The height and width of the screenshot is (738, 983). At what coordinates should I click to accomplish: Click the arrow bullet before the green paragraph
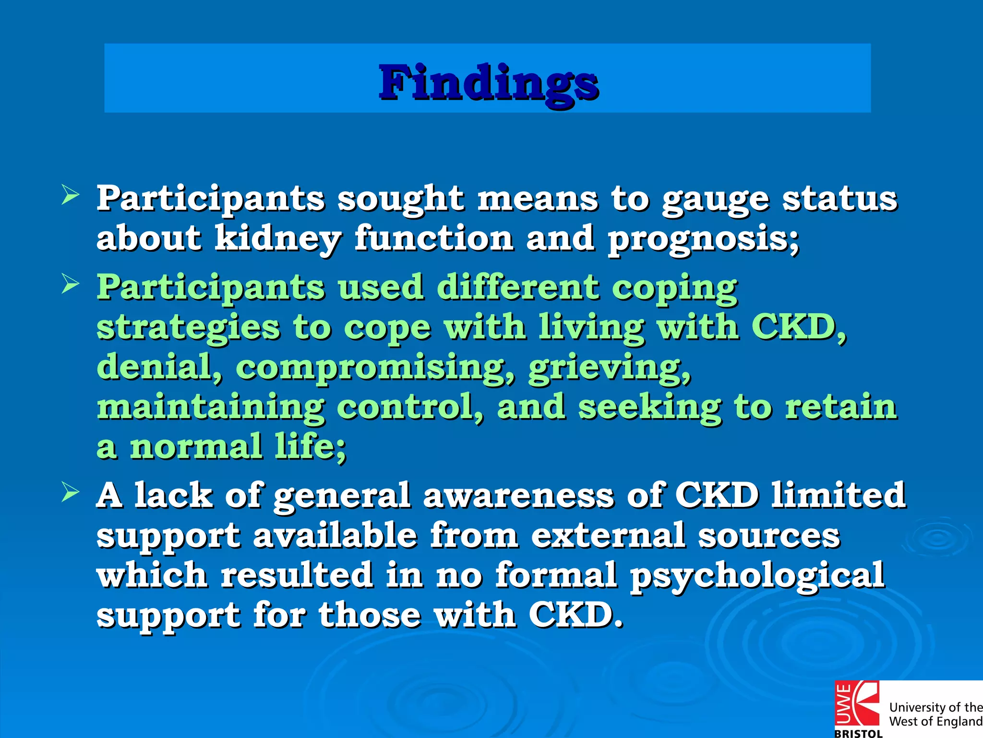pos(70,284)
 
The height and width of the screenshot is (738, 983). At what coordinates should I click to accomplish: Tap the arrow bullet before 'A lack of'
pos(70,492)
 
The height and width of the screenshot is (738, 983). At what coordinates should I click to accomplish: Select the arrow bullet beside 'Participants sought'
pos(70,196)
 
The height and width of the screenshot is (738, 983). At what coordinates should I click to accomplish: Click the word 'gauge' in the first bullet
pos(715,199)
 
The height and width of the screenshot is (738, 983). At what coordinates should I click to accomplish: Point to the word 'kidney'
pos(277,239)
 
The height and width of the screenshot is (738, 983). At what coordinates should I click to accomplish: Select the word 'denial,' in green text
pos(160,367)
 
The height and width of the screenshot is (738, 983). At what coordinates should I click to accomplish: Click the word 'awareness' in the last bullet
pos(518,495)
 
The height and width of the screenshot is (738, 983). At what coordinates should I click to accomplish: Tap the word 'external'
pos(608,535)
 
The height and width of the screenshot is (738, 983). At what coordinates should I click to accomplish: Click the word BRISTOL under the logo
pos(858,733)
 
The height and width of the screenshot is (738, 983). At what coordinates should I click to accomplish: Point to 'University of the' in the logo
pos(935,707)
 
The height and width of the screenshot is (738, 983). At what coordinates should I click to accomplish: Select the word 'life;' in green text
pos(310,447)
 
